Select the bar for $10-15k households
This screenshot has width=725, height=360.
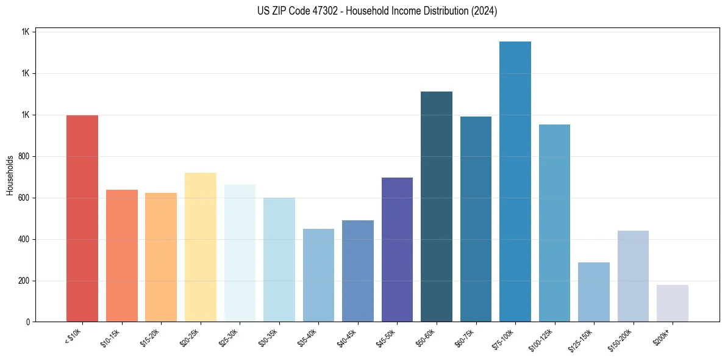pos(122,256)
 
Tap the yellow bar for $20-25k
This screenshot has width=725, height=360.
pos(201,247)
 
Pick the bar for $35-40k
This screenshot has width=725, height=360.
pos(318,275)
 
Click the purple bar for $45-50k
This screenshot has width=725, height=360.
pos(397,250)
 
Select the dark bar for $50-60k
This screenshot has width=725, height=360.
pos(437,207)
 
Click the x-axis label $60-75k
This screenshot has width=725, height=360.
pos(465,337)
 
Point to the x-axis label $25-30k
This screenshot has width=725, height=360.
pos(229,337)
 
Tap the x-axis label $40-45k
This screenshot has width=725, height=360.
pos(348,337)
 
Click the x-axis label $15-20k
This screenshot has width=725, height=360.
pos(151,337)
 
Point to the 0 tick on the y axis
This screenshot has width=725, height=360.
pos(29,322)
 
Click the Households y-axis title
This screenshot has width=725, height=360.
pos(10,176)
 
